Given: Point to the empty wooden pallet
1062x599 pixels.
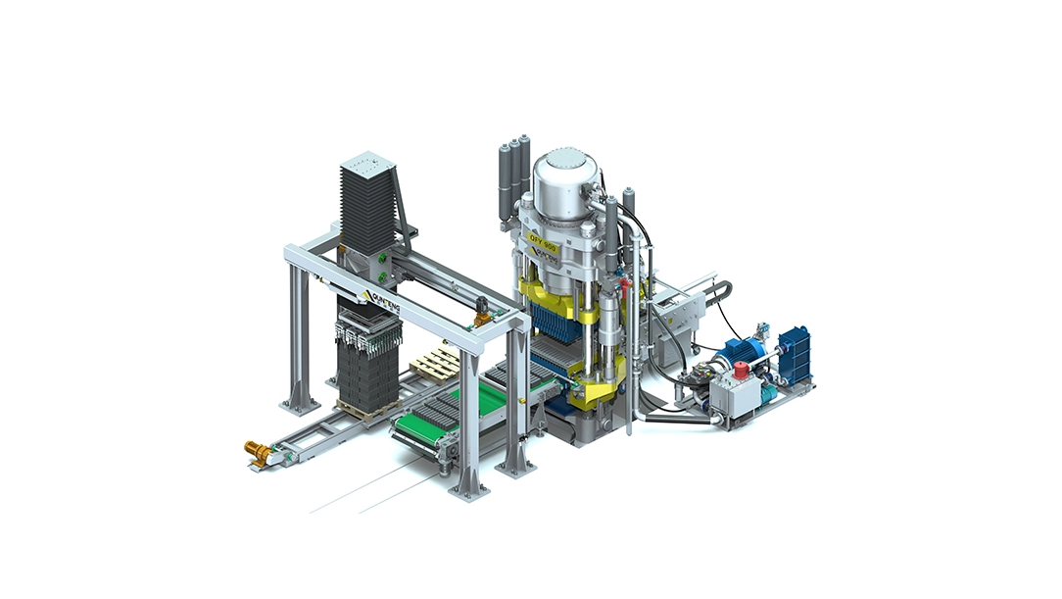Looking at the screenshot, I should coord(435,364).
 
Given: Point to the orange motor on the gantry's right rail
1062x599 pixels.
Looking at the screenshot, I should coord(482,317).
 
